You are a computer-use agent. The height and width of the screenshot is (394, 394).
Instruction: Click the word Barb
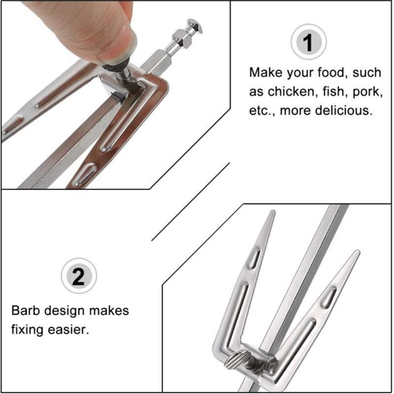[26, 311]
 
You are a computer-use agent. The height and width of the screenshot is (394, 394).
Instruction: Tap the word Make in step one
[266, 73]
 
